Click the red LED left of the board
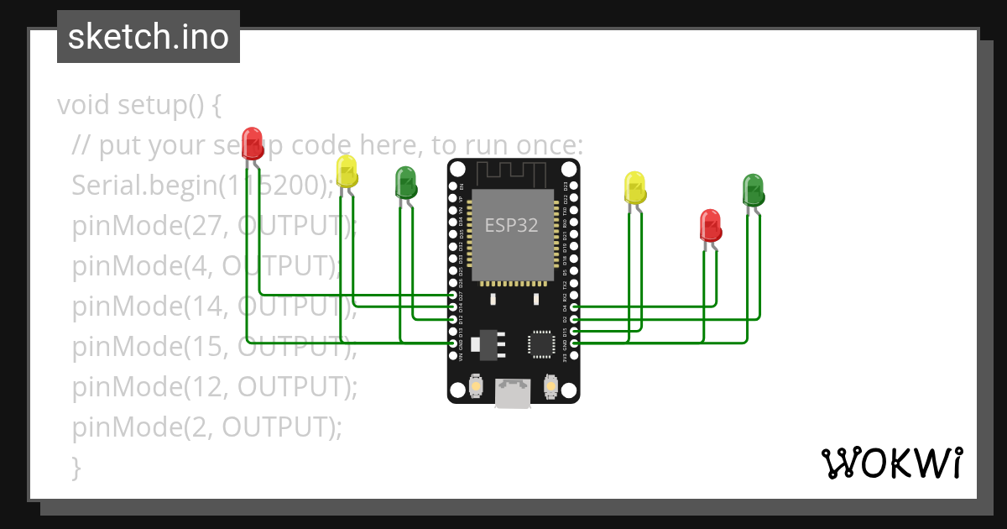pyautogui.click(x=252, y=142)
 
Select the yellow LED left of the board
pyautogui.click(x=347, y=170)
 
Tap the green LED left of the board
pyautogui.click(x=406, y=182)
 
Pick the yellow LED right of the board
pyautogui.click(x=635, y=186)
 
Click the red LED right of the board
pyautogui.click(x=711, y=225)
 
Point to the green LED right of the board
pyautogui.click(x=753, y=190)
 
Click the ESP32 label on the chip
pyautogui.click(x=512, y=226)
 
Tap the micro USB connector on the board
pyautogui.click(x=513, y=393)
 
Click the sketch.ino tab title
pyautogui.click(x=149, y=37)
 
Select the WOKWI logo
pyautogui.click(x=891, y=463)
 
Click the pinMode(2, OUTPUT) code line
pyautogui.click(x=207, y=427)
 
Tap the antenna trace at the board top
pyautogui.click(x=512, y=174)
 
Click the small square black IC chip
pyautogui.click(x=540, y=343)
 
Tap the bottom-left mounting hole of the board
pyautogui.click(x=457, y=390)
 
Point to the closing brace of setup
pyautogui.click(x=77, y=467)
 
